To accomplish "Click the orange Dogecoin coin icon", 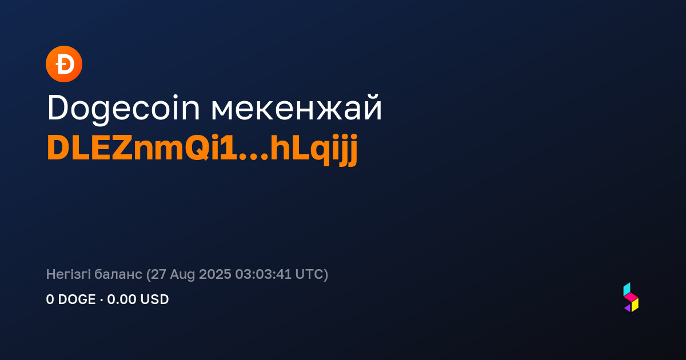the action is pos(64,64).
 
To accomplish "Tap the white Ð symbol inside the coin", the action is pos(65,64).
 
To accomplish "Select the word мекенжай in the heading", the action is pos(297,108).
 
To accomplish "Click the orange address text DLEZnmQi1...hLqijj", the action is pos(202,149).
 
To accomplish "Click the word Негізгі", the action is pos(68,274).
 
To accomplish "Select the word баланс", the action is pos(118,274).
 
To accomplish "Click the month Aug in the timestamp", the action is pos(182,275).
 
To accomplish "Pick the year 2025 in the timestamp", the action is pos(215,274).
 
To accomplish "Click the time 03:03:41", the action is pos(263,274).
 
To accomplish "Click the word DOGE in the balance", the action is pos(77,299).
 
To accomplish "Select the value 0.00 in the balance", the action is pos(122,299).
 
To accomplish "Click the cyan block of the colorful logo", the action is pos(627,289).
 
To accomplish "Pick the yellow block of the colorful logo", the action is pos(635,305).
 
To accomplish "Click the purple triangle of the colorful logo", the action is pos(628,308).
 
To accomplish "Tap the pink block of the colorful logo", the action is pos(631,297).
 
